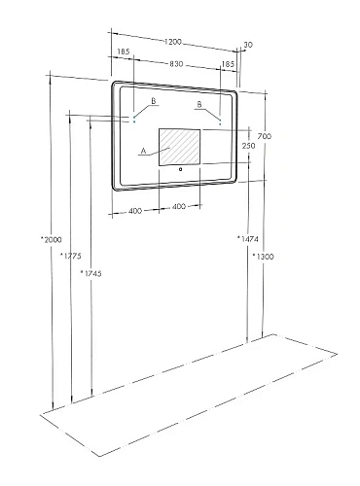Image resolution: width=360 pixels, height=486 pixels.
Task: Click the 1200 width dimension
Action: coord(174,43)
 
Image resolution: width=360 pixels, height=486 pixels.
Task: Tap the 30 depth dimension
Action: coord(249,44)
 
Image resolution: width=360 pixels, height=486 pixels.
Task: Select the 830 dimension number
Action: coord(175,63)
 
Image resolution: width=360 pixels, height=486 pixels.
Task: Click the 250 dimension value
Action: coord(248,146)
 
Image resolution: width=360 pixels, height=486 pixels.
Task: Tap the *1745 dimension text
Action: coord(90,274)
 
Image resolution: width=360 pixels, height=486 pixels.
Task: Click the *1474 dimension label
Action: coord(246,238)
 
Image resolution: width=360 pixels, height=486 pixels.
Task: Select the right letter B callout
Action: coord(199,103)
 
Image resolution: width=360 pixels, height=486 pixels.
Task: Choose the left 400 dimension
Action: coord(135,209)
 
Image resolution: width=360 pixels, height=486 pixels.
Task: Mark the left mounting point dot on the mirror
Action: coord(133,121)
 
